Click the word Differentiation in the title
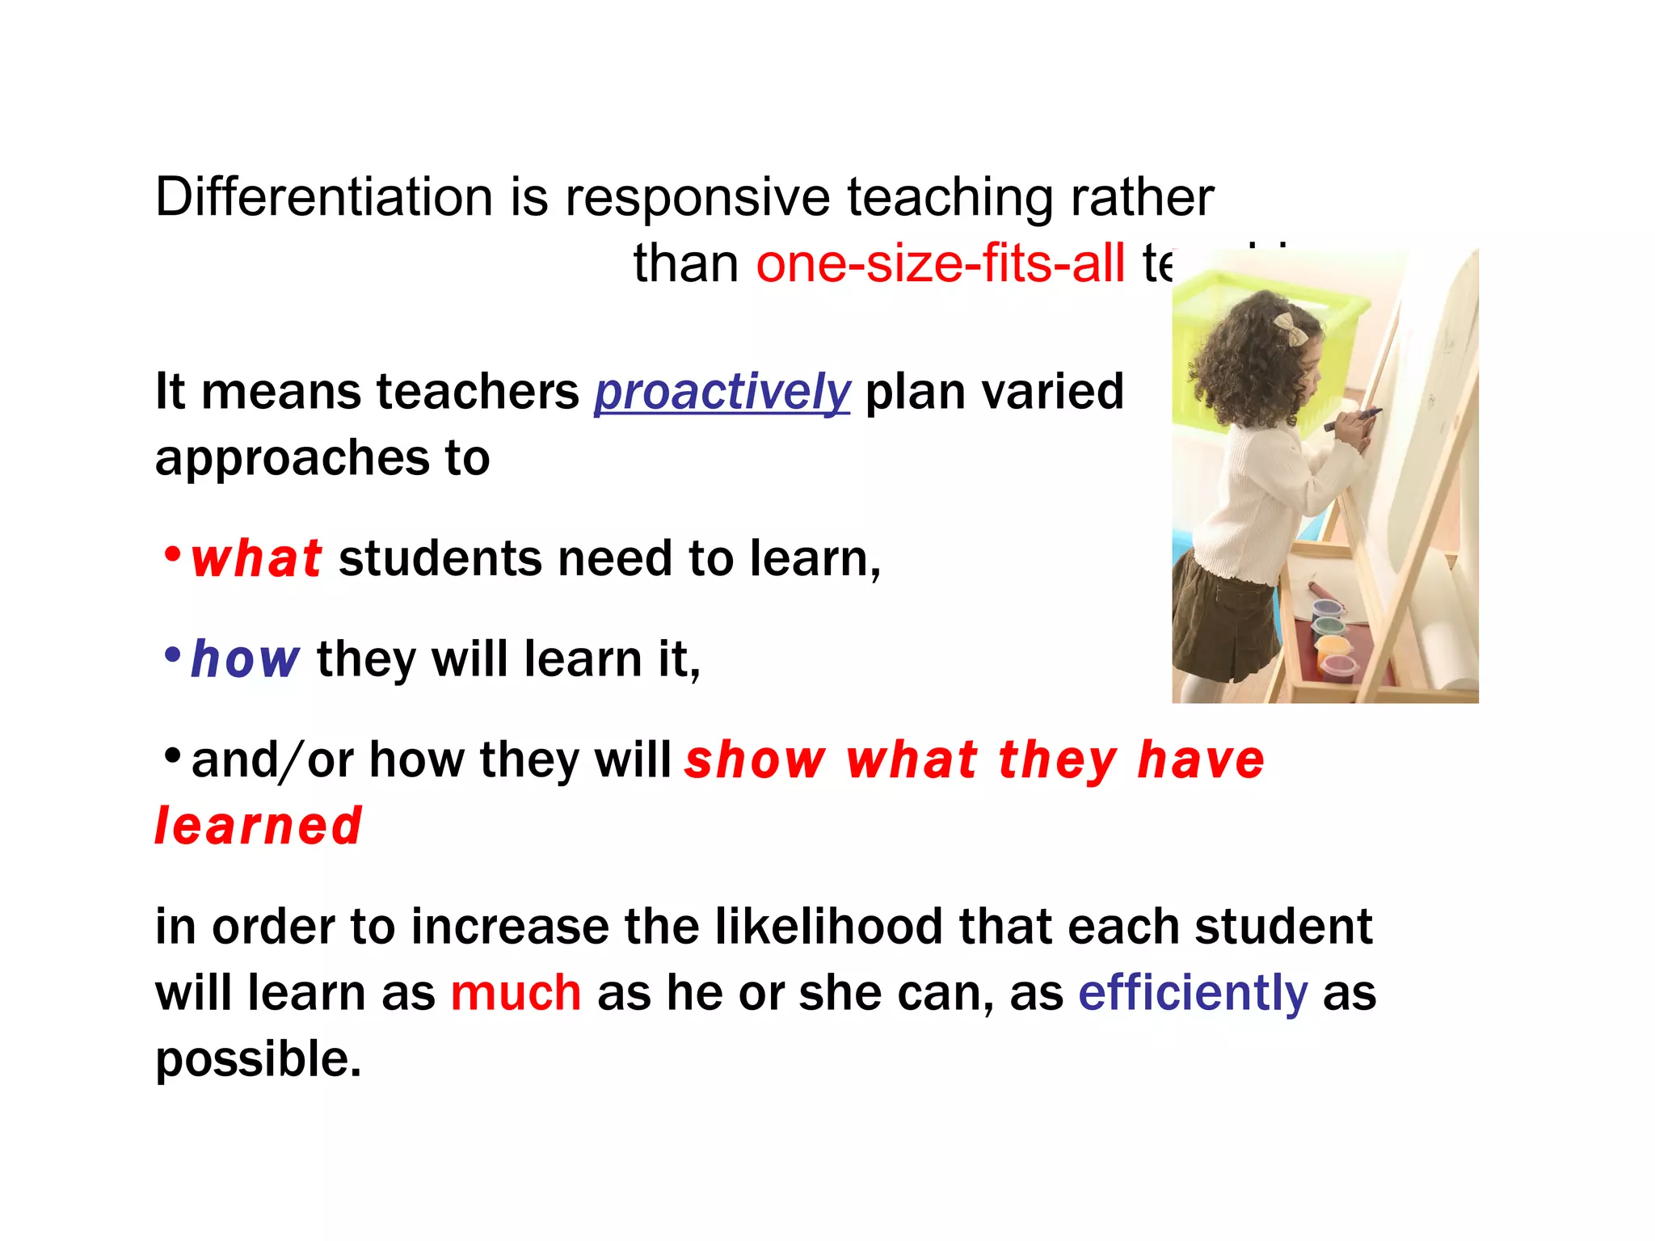pos(323,197)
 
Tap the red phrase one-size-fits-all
pos(940,264)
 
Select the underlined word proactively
pos(722,393)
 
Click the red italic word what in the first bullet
pos(256,559)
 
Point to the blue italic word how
pos(245,659)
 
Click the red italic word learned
pos(259,827)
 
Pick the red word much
pos(516,993)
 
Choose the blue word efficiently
pos(1192,993)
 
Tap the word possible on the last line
pos(258,1060)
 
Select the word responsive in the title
pos(697,197)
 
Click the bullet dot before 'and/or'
pos(171,756)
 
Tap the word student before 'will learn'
pos(1283,927)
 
